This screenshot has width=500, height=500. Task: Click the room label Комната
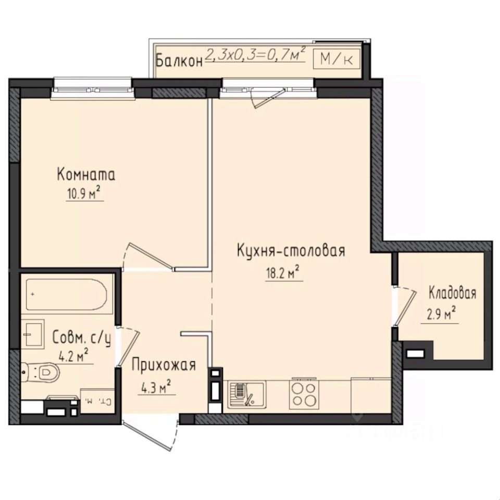pyautogui.click(x=86, y=175)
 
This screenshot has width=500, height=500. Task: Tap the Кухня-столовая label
pyautogui.click(x=291, y=251)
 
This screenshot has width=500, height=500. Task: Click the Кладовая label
pyautogui.click(x=452, y=293)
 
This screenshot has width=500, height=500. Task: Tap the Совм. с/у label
pyautogui.click(x=82, y=339)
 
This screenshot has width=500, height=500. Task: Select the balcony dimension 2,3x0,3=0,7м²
pyautogui.click(x=255, y=55)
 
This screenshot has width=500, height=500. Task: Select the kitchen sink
pyautogui.click(x=246, y=393)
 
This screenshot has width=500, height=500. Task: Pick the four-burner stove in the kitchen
pyautogui.click(x=303, y=394)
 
